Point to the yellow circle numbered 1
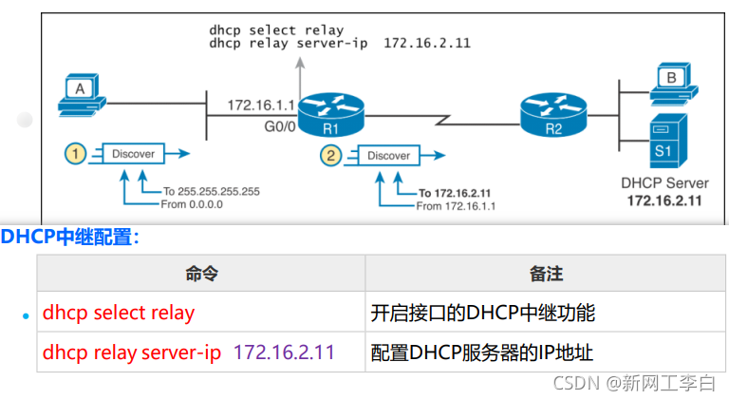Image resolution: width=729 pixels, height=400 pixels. [x=75, y=152]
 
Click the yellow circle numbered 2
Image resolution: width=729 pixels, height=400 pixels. [x=329, y=155]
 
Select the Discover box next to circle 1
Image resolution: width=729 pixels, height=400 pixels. [x=133, y=152]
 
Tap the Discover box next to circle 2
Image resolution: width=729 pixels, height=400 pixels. [x=388, y=155]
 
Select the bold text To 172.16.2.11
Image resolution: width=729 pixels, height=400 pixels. [x=460, y=193]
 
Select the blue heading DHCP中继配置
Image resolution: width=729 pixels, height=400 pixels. [x=69, y=238]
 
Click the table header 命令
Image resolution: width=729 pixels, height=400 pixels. [x=202, y=274]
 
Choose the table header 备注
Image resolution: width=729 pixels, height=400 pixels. [x=546, y=274]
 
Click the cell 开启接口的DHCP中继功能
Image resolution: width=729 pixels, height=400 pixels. [x=483, y=312]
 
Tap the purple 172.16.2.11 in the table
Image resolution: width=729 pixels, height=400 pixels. [x=284, y=352]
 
